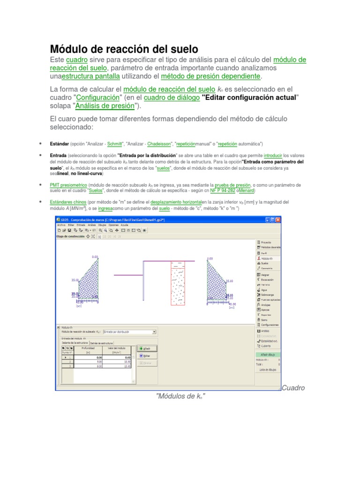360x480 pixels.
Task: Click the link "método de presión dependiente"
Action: tap(210, 76)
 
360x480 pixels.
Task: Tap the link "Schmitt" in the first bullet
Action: tap(115, 143)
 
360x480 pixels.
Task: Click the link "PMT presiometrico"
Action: tap(68, 185)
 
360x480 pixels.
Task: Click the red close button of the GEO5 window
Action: tap(278, 219)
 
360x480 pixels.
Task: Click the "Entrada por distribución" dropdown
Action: tap(129, 331)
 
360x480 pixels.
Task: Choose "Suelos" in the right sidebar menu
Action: tap(264, 263)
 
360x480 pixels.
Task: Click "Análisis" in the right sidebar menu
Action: tap(265, 330)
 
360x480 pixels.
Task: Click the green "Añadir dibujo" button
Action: tap(269, 354)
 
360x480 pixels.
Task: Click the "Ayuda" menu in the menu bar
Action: tap(124, 225)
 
